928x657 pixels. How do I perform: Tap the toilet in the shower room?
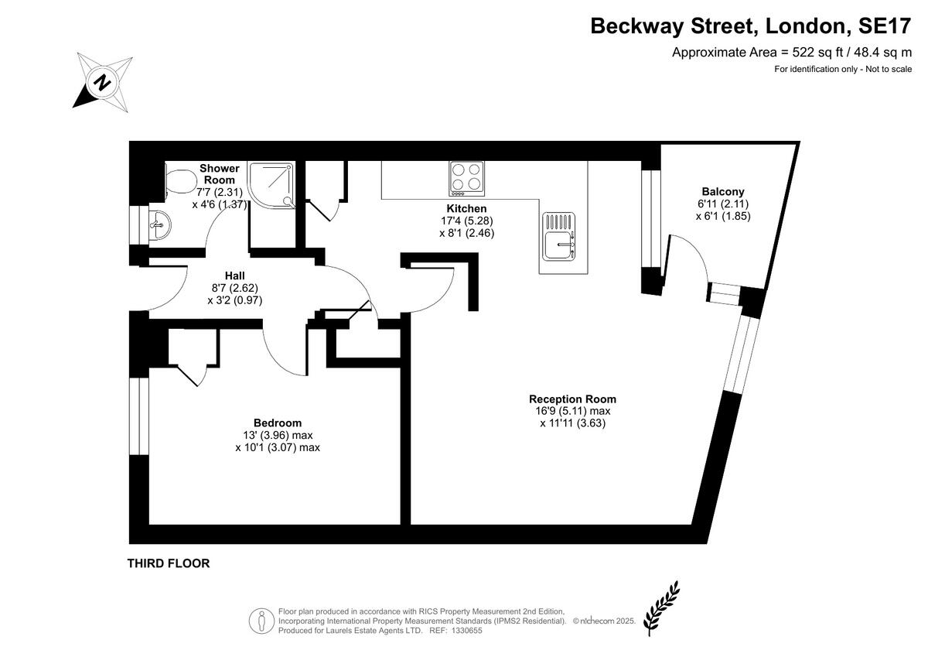coord(181,181)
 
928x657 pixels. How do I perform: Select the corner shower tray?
coord(271,184)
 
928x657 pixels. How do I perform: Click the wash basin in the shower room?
coord(159,224)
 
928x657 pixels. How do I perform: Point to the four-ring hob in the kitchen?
coord(466,179)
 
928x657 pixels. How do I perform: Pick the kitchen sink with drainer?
coord(559,236)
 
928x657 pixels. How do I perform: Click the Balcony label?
coord(723,191)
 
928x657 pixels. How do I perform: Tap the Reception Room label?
coord(572,399)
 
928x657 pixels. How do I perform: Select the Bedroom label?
coord(278,423)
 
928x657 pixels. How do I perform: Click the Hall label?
coord(235,275)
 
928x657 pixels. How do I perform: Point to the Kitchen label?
coord(466,208)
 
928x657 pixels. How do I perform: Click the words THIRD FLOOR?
coord(169,563)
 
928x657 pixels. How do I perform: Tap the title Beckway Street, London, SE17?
coord(751,26)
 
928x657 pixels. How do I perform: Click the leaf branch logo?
coord(662,608)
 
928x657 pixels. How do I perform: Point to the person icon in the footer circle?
coord(261,621)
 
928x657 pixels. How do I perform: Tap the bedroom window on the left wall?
coord(138,416)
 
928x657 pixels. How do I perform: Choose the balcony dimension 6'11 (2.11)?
coord(723,204)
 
